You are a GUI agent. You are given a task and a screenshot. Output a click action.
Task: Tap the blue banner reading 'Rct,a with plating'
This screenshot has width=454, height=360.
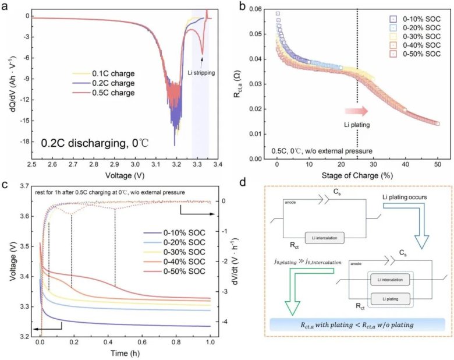358,325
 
